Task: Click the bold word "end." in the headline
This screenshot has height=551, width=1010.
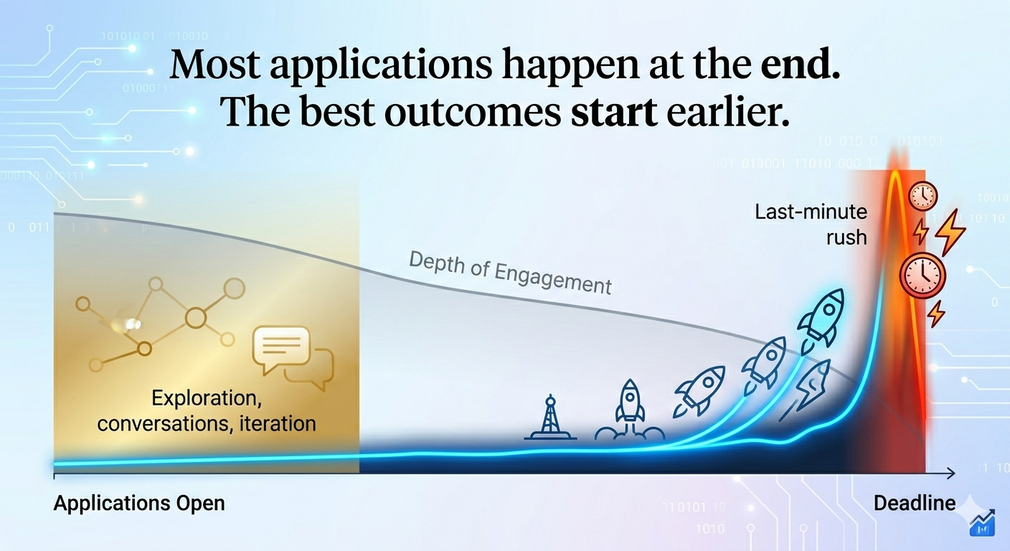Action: pyautogui.click(x=801, y=65)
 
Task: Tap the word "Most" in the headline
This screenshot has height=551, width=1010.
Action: pyautogui.click(x=214, y=65)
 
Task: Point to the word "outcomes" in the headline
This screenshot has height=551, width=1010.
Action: pyautogui.click(x=473, y=112)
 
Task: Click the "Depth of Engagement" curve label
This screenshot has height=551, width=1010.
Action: pyautogui.click(x=510, y=273)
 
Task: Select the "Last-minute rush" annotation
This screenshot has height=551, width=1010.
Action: pyautogui.click(x=811, y=225)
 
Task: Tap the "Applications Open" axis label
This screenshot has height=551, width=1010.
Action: pyautogui.click(x=139, y=503)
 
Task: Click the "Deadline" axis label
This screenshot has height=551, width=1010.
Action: pyautogui.click(x=915, y=503)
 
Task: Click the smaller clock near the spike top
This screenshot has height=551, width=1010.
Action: pyautogui.click(x=922, y=196)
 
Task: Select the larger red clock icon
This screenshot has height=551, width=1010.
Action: pyautogui.click(x=922, y=275)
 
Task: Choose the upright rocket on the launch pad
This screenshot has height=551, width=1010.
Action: pyautogui.click(x=630, y=410)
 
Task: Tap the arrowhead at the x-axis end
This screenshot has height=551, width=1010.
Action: pyautogui.click(x=951, y=473)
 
